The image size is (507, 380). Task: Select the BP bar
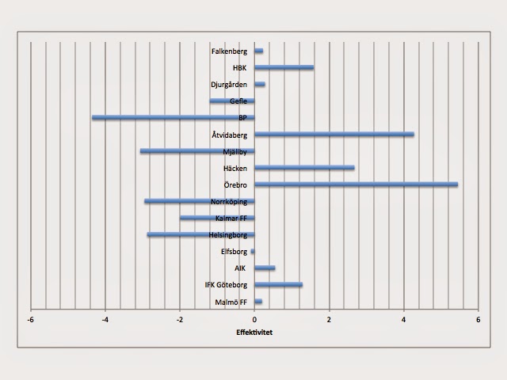point(173,118)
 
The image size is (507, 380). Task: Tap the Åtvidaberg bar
point(334,135)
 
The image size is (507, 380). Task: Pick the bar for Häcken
point(305,168)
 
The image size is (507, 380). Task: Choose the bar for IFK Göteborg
point(279,285)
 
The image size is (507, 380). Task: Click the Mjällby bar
point(197,151)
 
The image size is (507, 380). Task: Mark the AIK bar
point(265,268)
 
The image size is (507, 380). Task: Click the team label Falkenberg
point(230,51)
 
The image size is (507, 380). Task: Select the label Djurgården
point(229,85)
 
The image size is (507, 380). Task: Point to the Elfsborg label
point(234,252)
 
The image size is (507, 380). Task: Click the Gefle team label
point(238,101)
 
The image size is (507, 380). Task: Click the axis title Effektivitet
point(255,332)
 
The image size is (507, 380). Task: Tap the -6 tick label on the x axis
point(31,320)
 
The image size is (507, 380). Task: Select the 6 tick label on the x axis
point(478,320)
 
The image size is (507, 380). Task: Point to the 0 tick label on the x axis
point(255,320)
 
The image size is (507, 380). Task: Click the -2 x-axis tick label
point(180,320)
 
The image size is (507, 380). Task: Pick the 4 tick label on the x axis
point(404,320)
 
